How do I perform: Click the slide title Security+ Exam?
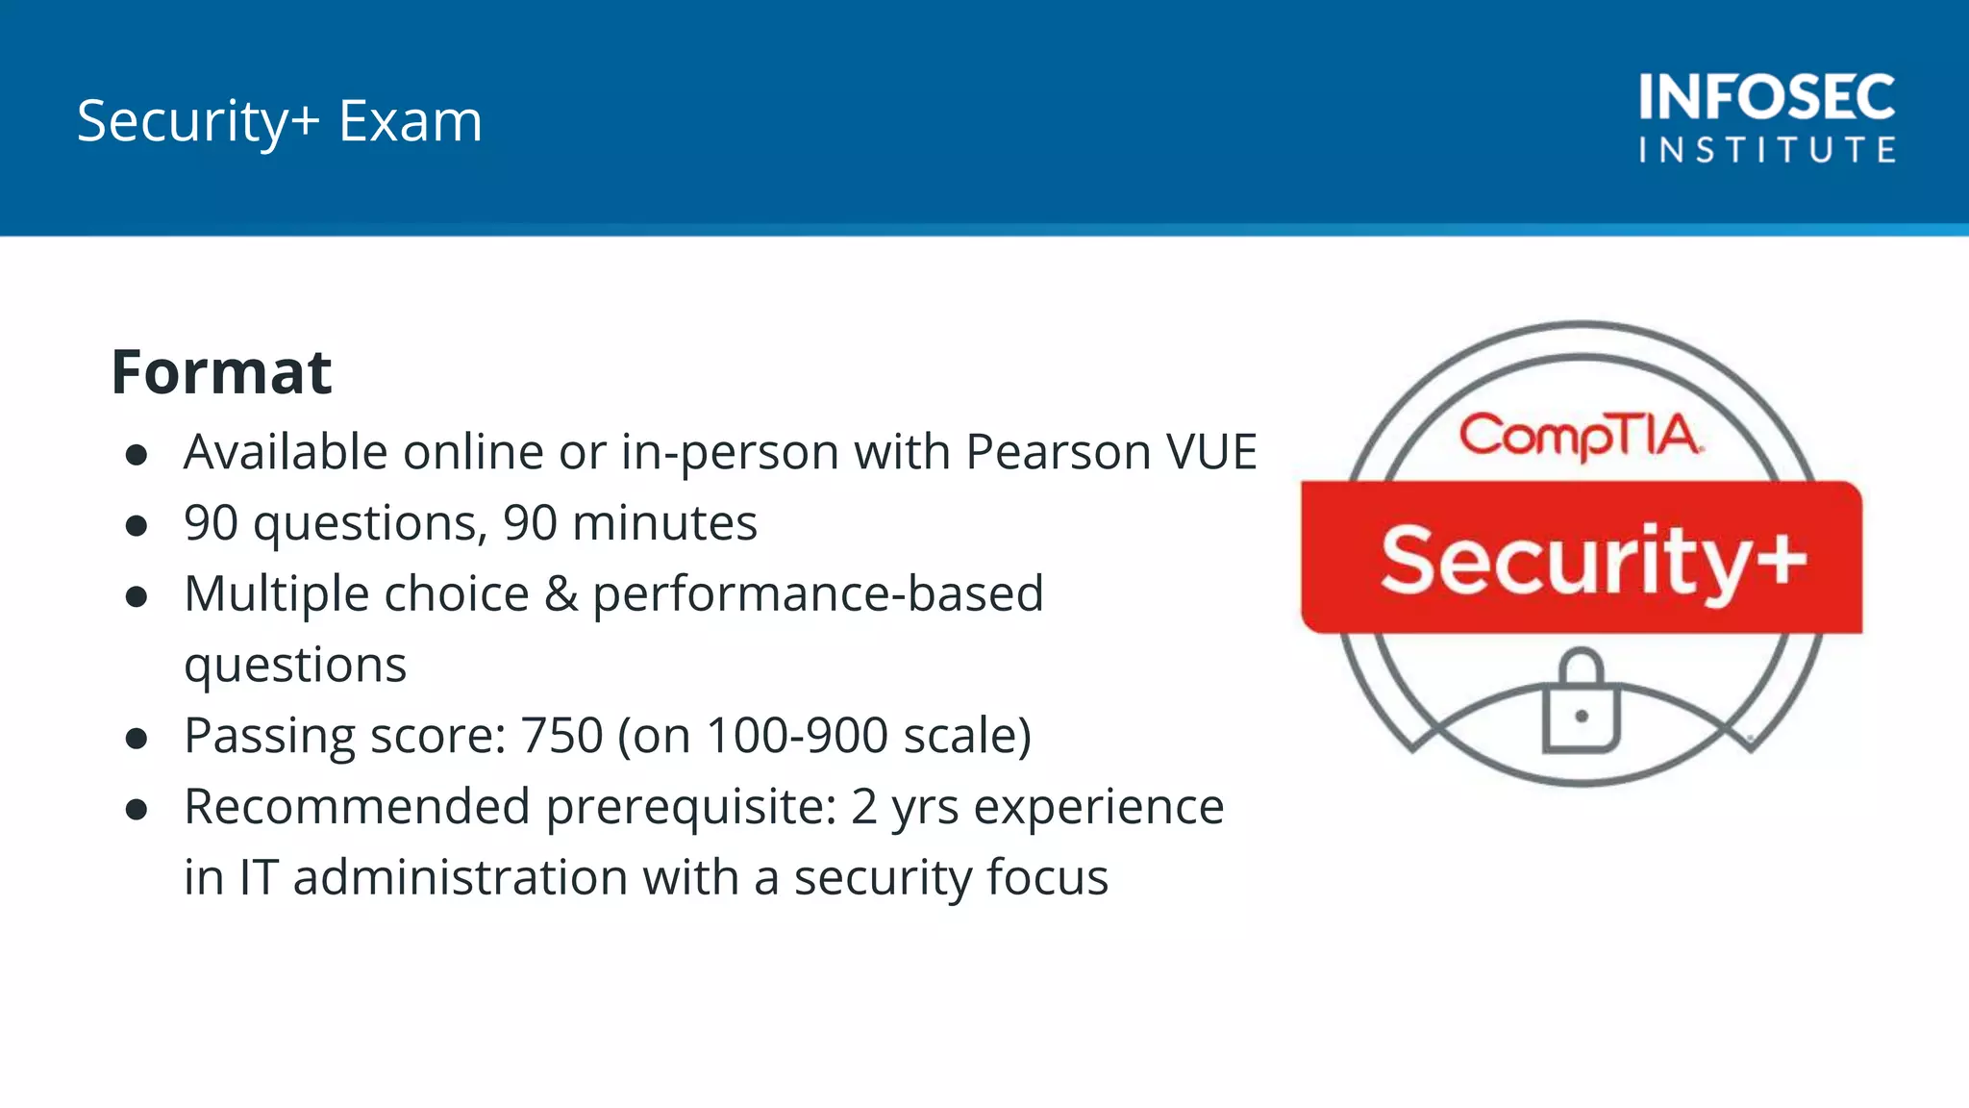coord(279,122)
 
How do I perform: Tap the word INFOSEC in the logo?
coord(1766,97)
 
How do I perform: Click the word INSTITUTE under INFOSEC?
coord(1766,150)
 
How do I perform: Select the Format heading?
coord(221,372)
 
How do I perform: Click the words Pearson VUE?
coord(1110,452)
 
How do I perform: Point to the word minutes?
coord(664,523)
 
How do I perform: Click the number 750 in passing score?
coord(561,736)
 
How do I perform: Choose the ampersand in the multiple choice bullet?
coord(561,594)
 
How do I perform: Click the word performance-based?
coord(817,594)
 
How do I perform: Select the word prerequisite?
coord(691,808)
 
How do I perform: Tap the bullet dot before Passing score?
coord(137,739)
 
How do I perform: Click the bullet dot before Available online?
coord(137,455)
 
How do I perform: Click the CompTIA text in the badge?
coord(1580,436)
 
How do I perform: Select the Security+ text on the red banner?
coord(1592,560)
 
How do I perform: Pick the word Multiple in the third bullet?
coord(273,594)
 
